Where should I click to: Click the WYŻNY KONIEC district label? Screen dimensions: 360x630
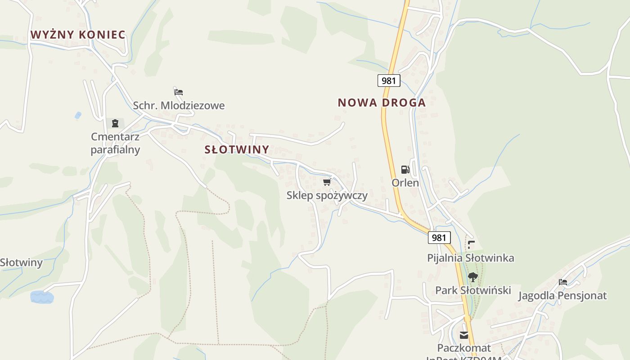(78, 35)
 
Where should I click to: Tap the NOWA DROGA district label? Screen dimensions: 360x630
(382, 103)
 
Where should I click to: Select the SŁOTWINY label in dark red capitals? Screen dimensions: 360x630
(237, 149)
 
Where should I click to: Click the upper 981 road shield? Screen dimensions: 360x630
(388, 81)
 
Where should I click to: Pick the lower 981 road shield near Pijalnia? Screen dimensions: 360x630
(439, 238)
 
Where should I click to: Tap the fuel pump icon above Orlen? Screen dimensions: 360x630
(405, 170)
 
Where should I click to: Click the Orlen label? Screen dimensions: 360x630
(405, 183)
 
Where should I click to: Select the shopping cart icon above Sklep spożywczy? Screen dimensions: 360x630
(327, 182)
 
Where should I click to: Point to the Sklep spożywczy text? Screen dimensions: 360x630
(327, 195)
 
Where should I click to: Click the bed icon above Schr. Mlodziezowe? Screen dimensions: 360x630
(179, 92)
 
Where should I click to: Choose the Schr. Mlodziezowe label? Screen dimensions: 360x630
(179, 106)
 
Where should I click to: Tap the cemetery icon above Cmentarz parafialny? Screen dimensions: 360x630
(115, 123)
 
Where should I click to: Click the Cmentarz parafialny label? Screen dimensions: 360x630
(115, 143)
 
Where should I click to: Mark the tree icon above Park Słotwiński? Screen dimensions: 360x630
(472, 277)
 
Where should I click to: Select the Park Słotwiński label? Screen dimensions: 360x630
(473, 290)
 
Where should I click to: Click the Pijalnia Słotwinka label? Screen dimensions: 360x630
(470, 258)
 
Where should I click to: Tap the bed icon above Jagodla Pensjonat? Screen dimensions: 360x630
(562, 282)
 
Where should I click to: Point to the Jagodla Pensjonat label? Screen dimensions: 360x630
(562, 296)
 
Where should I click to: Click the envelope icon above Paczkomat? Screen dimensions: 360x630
(464, 335)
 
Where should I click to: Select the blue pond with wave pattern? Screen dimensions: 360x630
(42, 297)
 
